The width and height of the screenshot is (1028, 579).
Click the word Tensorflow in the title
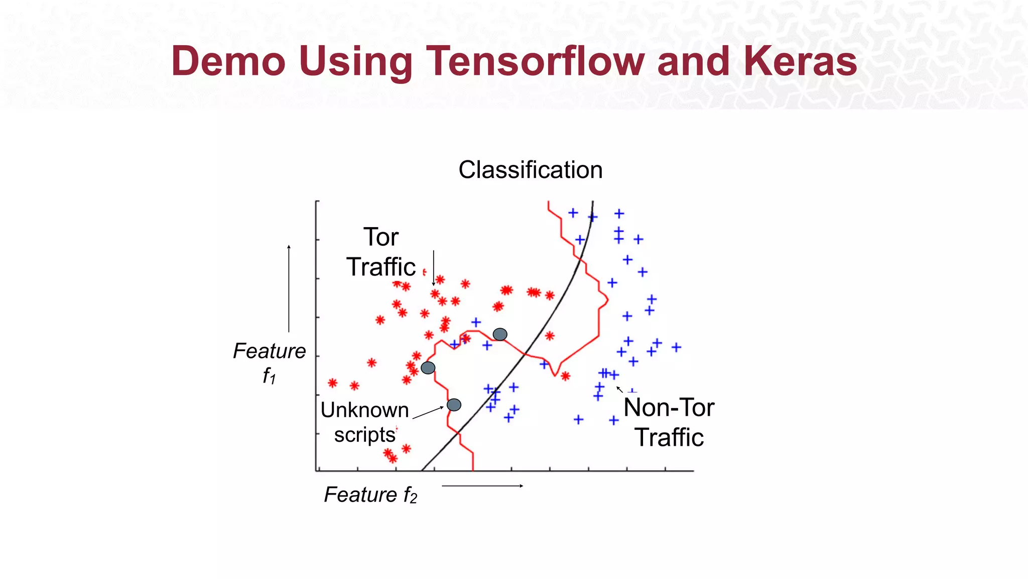pyautogui.click(x=535, y=61)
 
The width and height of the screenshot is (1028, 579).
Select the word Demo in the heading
pyautogui.click(x=228, y=61)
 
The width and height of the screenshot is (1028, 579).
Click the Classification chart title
pyautogui.click(x=530, y=170)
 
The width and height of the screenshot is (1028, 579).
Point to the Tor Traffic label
pyautogui.click(x=381, y=252)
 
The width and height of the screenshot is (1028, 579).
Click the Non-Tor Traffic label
pyautogui.click(x=669, y=422)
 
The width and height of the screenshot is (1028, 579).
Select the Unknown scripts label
pyautogui.click(x=365, y=422)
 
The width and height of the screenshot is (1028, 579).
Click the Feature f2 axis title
pyautogui.click(x=370, y=495)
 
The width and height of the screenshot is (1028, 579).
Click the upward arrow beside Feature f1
pyautogui.click(x=289, y=288)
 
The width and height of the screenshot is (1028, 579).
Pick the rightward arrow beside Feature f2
pyautogui.click(x=482, y=486)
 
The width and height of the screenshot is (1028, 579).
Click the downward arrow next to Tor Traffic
pyautogui.click(x=434, y=268)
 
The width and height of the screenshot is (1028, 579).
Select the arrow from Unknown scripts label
pyautogui.click(x=428, y=413)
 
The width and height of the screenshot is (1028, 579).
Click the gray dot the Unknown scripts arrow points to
pyautogui.click(x=454, y=405)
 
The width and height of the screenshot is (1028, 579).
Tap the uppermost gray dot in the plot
pyautogui.click(x=500, y=334)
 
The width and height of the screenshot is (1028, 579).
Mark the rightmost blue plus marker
pyautogui.click(x=677, y=347)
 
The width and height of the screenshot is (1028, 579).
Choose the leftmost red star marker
pyautogui.click(x=332, y=383)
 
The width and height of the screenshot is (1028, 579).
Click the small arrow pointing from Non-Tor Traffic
pyautogui.click(x=620, y=389)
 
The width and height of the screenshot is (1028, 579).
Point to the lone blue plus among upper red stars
pyautogui.click(x=476, y=322)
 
